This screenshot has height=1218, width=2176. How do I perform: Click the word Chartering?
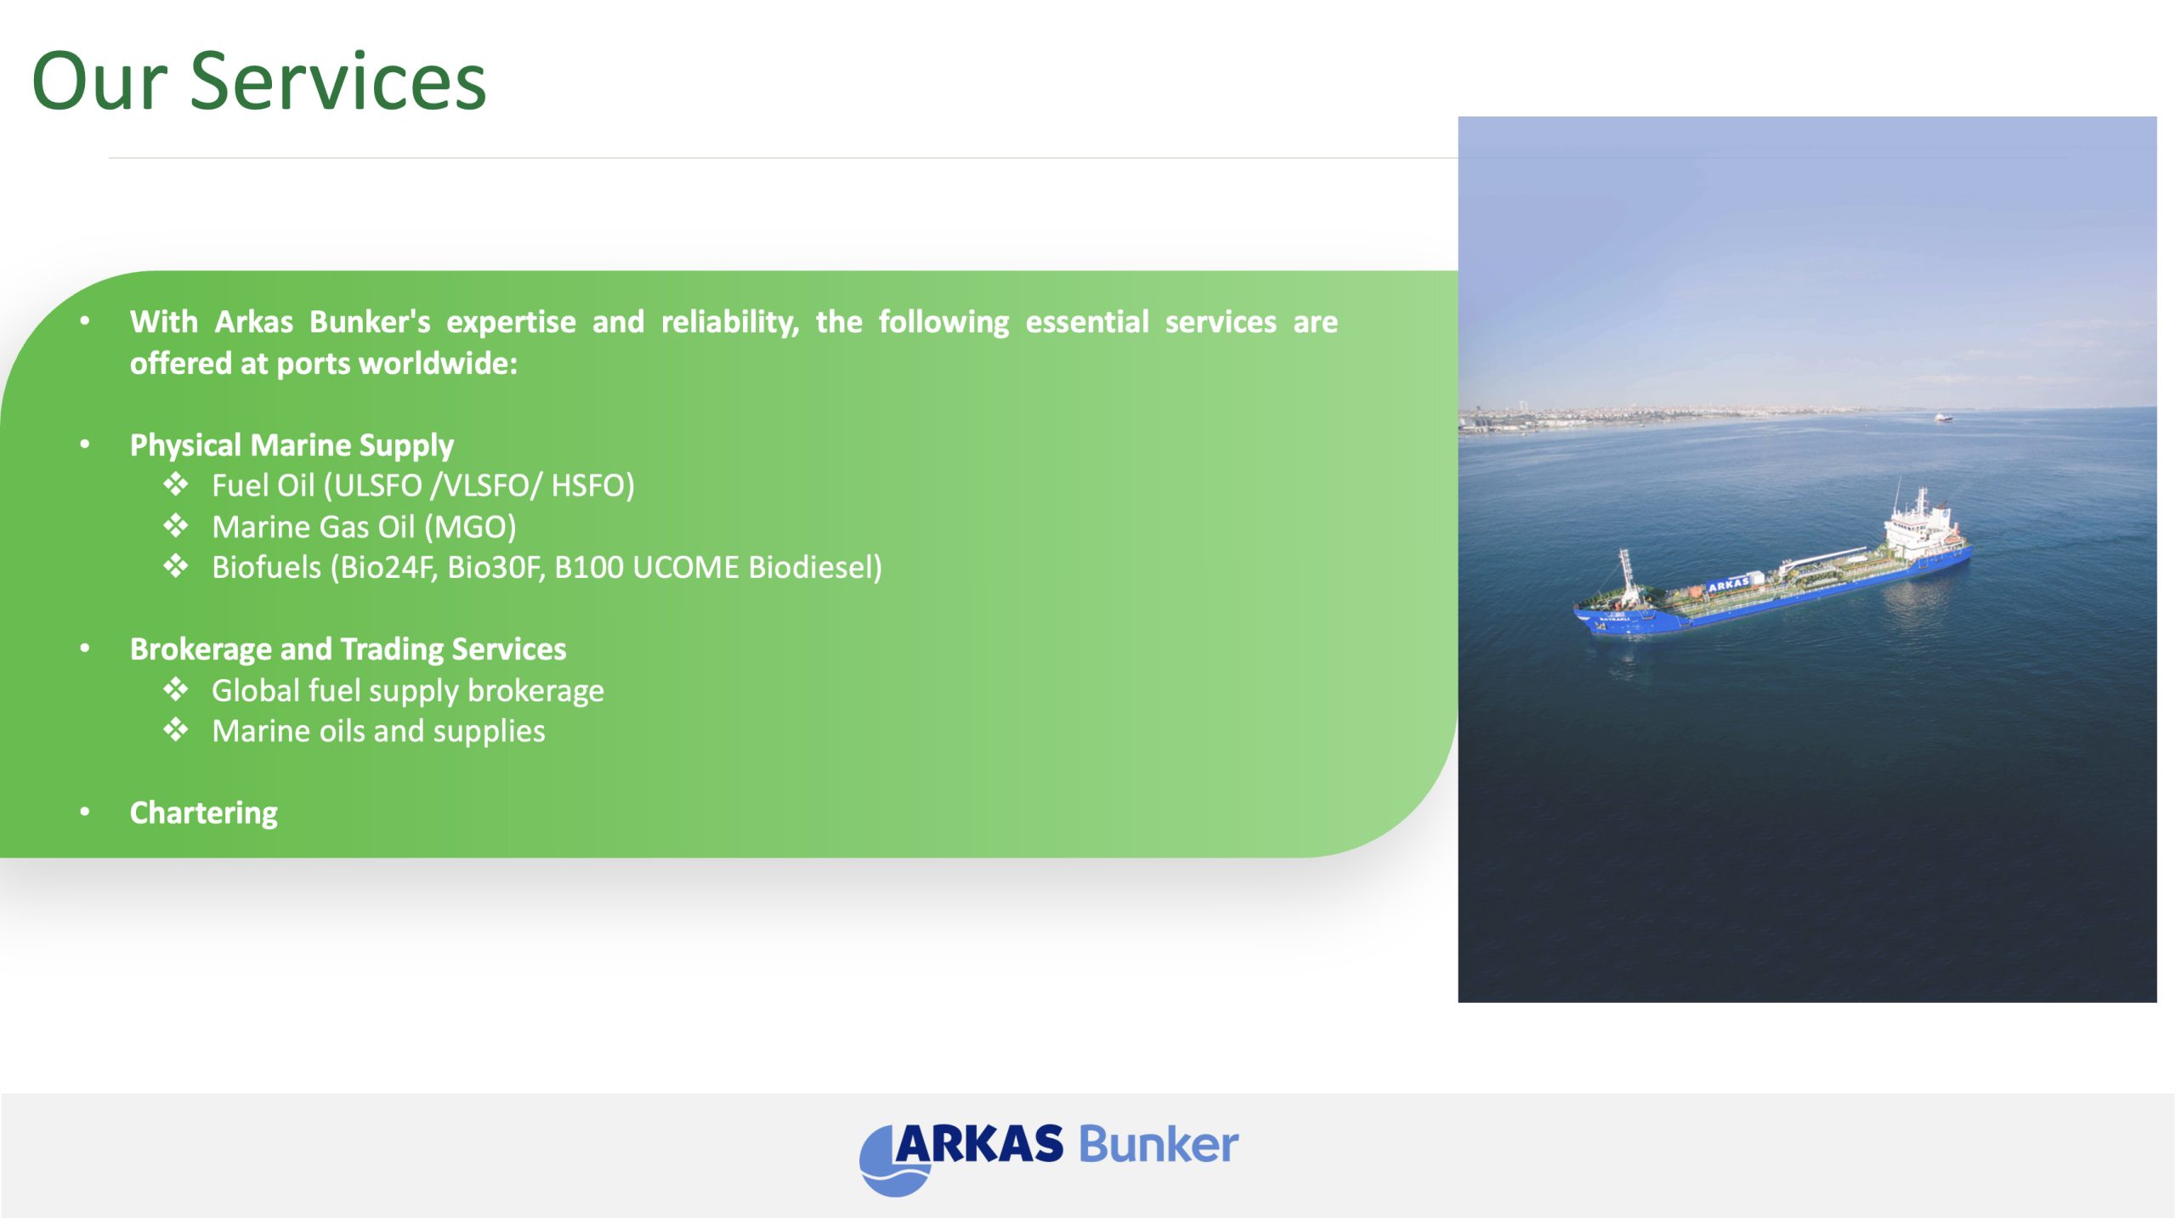point(204,813)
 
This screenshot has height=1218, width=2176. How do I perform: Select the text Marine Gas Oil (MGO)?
point(364,527)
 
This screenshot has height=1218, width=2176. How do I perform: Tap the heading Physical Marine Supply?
point(292,445)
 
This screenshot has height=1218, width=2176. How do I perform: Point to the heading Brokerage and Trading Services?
point(348,649)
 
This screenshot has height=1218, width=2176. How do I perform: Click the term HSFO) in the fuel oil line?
point(592,485)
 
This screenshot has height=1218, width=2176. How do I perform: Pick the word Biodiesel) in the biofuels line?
point(815,567)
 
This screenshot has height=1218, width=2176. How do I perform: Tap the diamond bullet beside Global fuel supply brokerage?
point(176,688)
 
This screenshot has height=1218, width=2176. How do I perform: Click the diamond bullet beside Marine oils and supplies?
point(176,729)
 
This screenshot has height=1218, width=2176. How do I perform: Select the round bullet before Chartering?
point(85,812)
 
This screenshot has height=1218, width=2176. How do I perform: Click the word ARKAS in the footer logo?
point(978,1143)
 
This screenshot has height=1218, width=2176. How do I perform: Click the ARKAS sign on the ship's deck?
point(1728,585)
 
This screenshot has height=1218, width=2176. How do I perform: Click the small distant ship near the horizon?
point(1943,417)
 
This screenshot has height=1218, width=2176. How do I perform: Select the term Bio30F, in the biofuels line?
point(496,567)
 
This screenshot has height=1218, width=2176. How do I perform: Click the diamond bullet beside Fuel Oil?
point(176,484)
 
